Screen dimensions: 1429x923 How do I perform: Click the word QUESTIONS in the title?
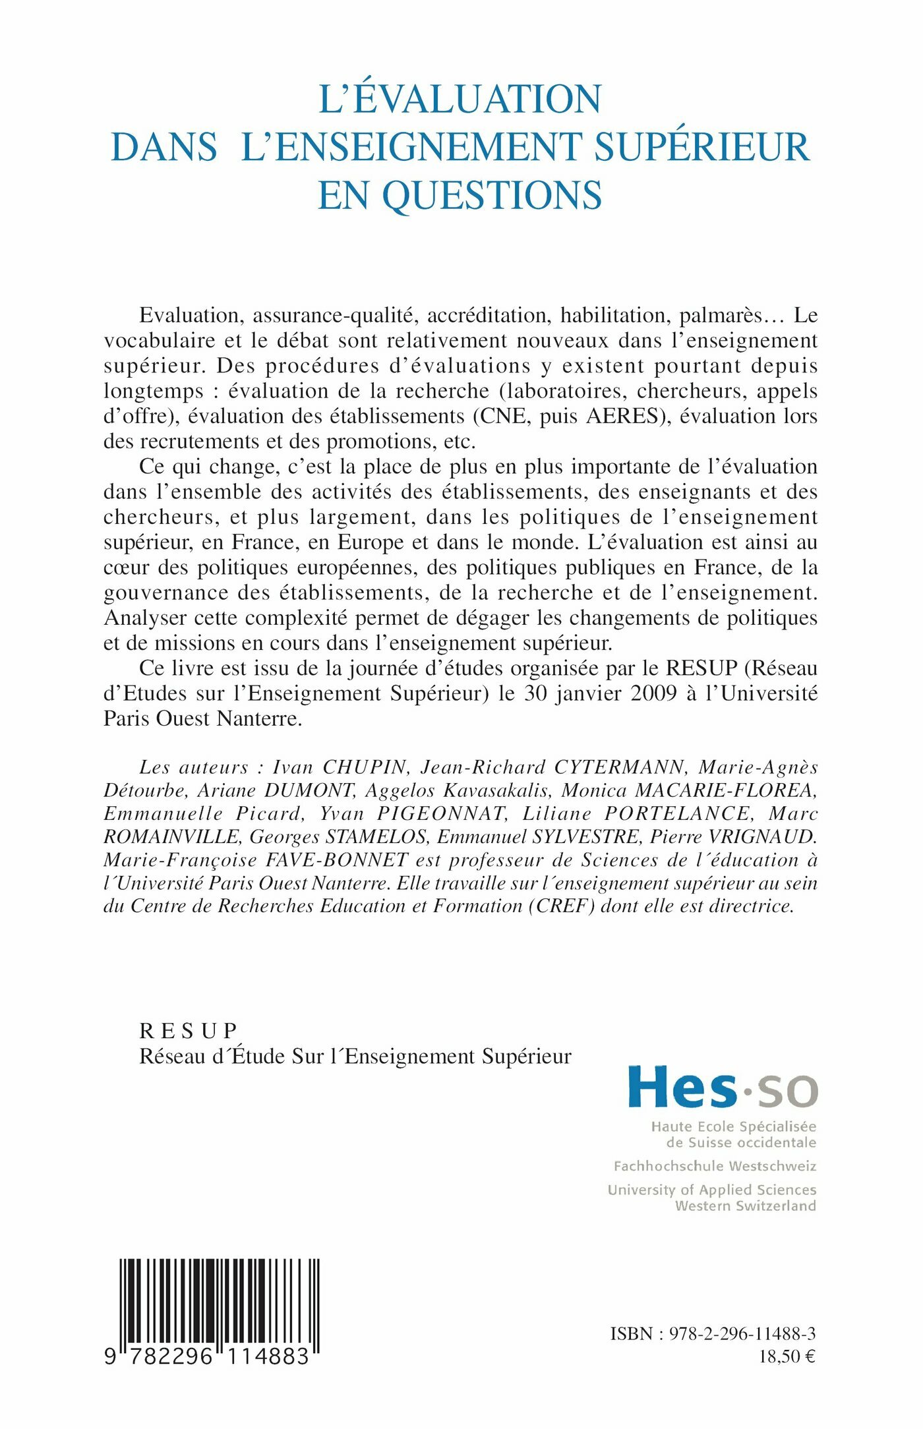[x=492, y=195]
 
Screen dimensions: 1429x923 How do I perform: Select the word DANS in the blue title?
[x=164, y=147]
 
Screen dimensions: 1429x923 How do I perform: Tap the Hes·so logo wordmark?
[x=723, y=1088]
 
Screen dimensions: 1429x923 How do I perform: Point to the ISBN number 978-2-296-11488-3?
[x=742, y=1333]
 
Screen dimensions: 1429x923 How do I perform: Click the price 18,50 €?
[x=787, y=1356]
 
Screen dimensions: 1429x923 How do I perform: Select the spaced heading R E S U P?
[x=189, y=1030]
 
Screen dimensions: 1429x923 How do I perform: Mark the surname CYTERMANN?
[x=619, y=767]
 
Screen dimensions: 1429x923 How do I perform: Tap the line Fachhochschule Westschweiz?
[x=715, y=1166]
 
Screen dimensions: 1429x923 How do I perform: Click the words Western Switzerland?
[x=745, y=1206]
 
